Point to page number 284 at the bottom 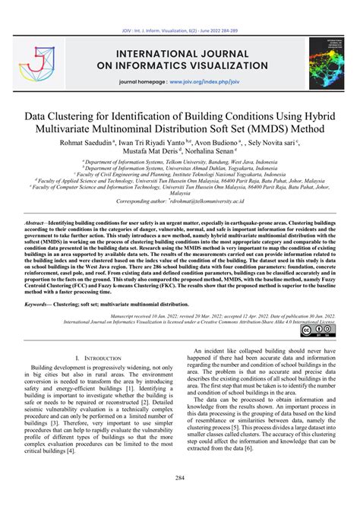tap(180, 478)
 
